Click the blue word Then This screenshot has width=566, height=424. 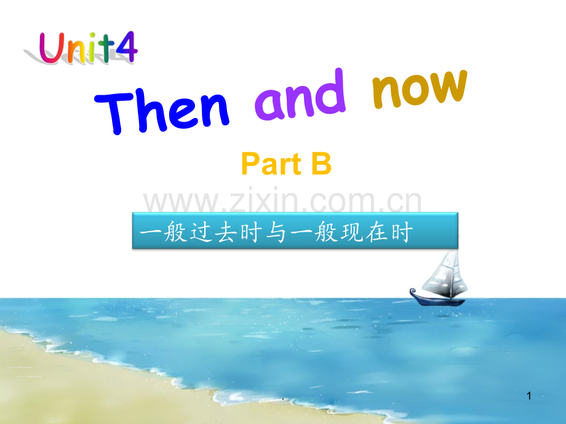(x=162, y=111)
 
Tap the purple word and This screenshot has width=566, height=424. (x=300, y=95)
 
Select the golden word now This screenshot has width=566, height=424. (x=420, y=88)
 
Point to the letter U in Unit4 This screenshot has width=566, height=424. (x=52, y=47)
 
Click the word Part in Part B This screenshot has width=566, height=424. (x=271, y=164)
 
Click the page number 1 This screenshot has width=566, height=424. (x=529, y=396)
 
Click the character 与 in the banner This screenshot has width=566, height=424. (x=276, y=232)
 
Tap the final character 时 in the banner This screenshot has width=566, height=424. (x=401, y=232)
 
